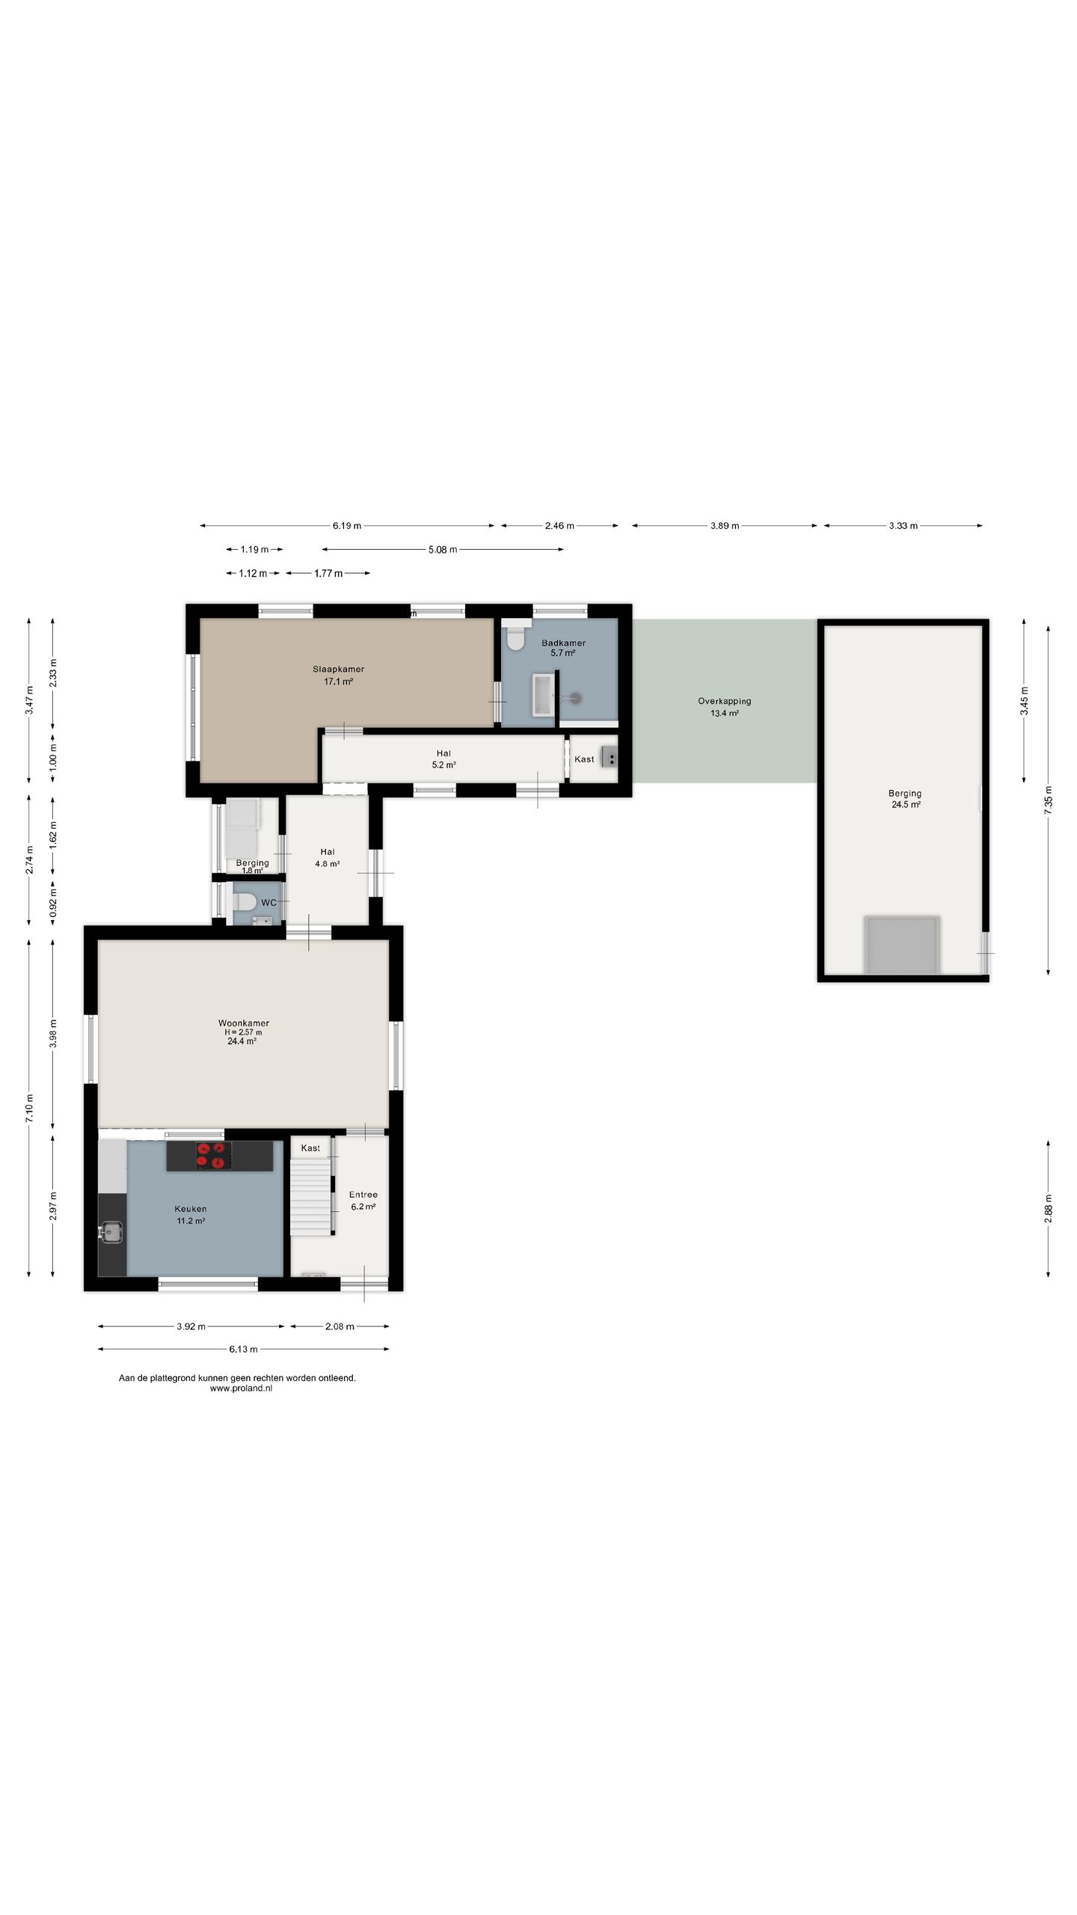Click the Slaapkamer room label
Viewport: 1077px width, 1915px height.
pyautogui.click(x=338, y=669)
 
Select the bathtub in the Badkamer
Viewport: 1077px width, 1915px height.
pyautogui.click(x=543, y=695)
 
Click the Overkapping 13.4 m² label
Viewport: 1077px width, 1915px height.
pyautogui.click(x=724, y=707)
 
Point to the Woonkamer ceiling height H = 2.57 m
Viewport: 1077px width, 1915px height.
pyautogui.click(x=243, y=1032)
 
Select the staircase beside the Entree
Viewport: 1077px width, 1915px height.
pyautogui.click(x=311, y=1197)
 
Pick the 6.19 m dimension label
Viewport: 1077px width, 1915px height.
pyautogui.click(x=347, y=526)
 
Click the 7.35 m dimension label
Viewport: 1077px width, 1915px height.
pyautogui.click(x=1049, y=800)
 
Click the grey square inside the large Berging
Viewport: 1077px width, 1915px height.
pyautogui.click(x=901, y=945)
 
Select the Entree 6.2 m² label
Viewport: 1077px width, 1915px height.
pyautogui.click(x=363, y=1200)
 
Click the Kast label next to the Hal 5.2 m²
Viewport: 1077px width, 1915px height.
pyautogui.click(x=584, y=759)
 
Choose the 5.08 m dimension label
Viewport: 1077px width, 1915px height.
pyautogui.click(x=443, y=550)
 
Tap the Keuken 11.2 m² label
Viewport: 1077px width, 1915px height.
pyautogui.click(x=190, y=1214)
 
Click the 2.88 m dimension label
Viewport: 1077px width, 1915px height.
pyautogui.click(x=1049, y=1207)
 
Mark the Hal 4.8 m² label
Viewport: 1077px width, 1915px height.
pyautogui.click(x=328, y=857)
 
